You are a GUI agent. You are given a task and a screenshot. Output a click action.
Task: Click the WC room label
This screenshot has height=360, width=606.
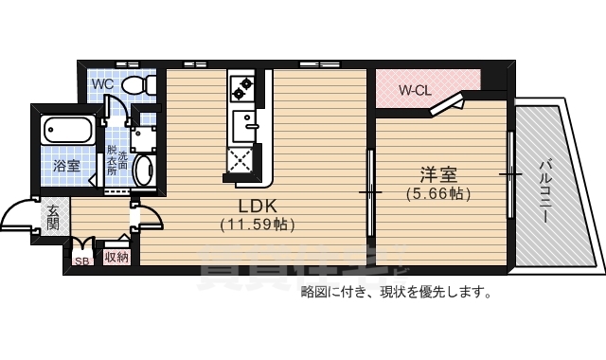(x=102, y=82)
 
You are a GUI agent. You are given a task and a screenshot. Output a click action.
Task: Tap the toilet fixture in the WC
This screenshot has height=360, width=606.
(x=138, y=84)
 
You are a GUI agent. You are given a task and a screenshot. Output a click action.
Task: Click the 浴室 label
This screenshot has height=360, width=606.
(x=66, y=166)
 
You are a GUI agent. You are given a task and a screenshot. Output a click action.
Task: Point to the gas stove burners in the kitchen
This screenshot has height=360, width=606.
(x=241, y=88)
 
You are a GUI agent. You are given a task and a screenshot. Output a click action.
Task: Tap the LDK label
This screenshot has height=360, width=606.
(x=257, y=206)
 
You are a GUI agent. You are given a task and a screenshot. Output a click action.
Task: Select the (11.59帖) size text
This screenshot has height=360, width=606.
(x=257, y=225)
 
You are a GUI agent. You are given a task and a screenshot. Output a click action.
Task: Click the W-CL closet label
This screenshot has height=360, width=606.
(x=415, y=91)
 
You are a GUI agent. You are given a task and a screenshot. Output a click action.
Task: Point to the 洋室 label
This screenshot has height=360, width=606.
(x=438, y=175)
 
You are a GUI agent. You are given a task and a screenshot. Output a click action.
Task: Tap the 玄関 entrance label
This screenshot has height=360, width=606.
(x=53, y=217)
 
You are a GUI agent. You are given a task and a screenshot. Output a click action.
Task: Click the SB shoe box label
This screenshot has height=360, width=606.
(x=80, y=258)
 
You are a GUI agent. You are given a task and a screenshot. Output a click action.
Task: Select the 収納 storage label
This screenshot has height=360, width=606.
(x=116, y=257)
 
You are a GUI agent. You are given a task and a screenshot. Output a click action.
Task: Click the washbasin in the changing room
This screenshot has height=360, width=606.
(x=145, y=171)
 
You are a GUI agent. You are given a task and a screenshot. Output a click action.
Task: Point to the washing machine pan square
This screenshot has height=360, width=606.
(x=144, y=138)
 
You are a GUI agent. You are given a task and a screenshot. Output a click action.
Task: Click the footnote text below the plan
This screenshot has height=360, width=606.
(x=395, y=292)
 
